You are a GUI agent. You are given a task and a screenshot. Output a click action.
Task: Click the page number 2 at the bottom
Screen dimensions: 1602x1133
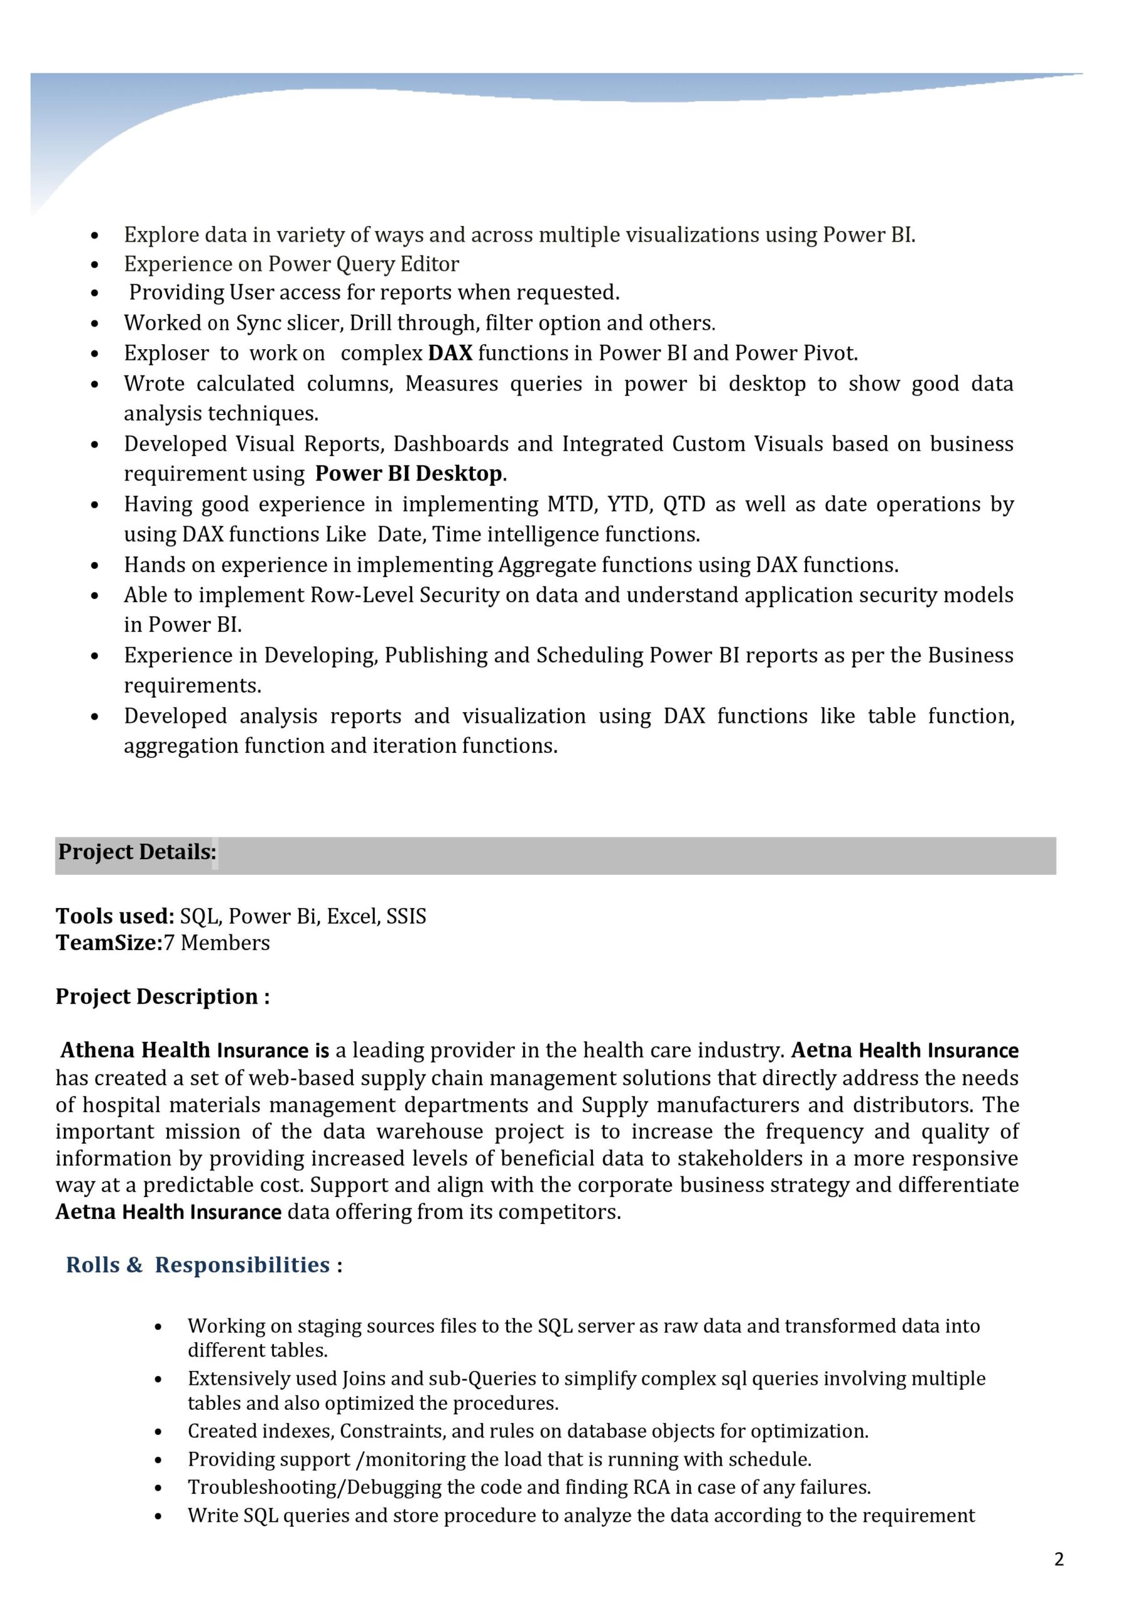click(x=1059, y=1559)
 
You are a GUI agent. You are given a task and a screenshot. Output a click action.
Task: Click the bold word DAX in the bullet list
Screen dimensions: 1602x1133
click(x=450, y=353)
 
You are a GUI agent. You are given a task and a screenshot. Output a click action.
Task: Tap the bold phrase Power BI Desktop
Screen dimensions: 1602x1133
click(x=408, y=474)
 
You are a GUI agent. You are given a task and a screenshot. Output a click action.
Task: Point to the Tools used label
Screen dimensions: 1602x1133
click(x=114, y=916)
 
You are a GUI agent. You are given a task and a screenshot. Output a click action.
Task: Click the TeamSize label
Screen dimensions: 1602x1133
click(x=108, y=943)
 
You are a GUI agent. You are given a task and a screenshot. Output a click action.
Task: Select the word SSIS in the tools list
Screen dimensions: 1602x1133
click(x=406, y=916)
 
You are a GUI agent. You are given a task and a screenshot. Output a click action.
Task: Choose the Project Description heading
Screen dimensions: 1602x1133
click(x=162, y=996)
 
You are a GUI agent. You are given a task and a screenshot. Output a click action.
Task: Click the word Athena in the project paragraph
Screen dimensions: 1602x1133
click(x=98, y=1050)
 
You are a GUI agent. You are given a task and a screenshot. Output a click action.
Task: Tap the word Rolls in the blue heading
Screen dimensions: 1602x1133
click(x=93, y=1264)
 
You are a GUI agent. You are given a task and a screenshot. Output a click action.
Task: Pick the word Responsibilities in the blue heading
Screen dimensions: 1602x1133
click(x=242, y=1264)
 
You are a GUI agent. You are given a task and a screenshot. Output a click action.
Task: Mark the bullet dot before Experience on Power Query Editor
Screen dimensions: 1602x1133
click(x=95, y=265)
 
